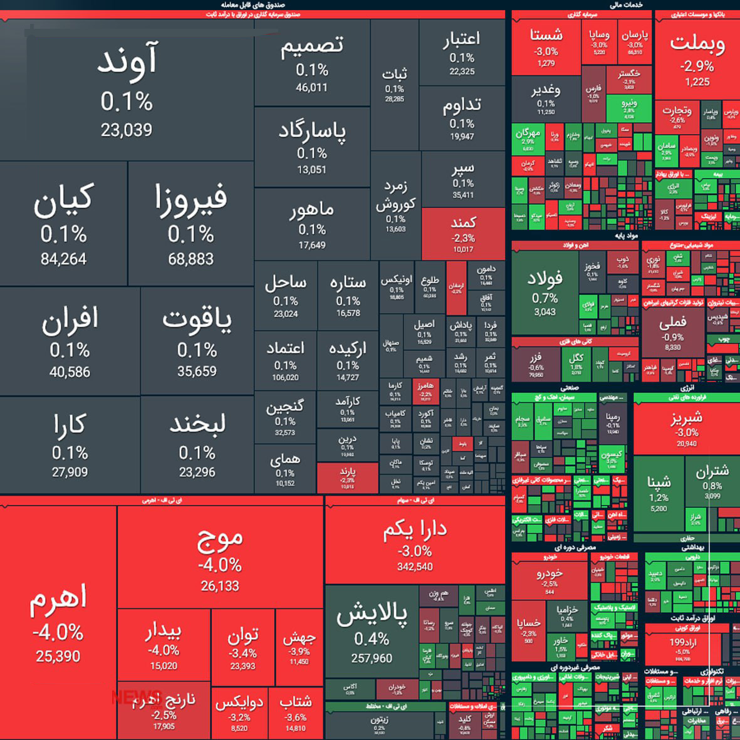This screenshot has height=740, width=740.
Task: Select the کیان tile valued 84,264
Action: pyautogui.click(x=63, y=224)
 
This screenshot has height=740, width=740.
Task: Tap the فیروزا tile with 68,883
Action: pyautogui.click(x=191, y=224)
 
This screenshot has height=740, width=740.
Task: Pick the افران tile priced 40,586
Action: pyautogui.click(x=70, y=341)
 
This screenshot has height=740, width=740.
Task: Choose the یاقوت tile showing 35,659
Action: pyautogui.click(x=197, y=341)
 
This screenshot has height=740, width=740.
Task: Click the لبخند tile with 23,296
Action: pyautogui.click(x=197, y=445)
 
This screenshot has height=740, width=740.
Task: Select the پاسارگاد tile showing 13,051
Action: pyautogui.click(x=311, y=147)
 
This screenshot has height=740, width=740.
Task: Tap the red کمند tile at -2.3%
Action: pyautogui.click(x=463, y=234)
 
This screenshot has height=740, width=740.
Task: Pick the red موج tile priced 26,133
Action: pyautogui.click(x=220, y=558)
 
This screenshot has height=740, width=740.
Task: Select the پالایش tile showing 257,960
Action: pyautogui.click(x=372, y=633)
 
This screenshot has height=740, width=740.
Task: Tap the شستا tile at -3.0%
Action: pyautogui.click(x=546, y=47)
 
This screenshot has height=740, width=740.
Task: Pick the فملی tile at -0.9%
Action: pyautogui.click(x=672, y=332)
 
